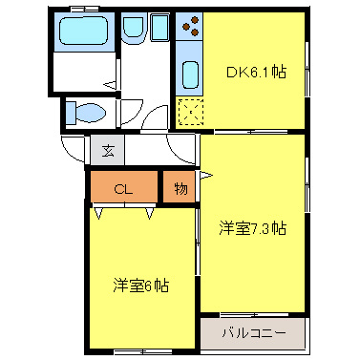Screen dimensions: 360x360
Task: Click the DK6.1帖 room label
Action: [x=254, y=70]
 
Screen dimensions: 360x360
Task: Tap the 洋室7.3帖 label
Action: [x=253, y=228]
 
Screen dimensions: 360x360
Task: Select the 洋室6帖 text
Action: [x=141, y=285]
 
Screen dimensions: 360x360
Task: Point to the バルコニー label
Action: [x=253, y=334]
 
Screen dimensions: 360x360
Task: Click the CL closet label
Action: [x=122, y=188]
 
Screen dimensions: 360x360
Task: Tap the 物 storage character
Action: [x=180, y=188]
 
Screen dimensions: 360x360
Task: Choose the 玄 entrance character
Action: [x=108, y=150]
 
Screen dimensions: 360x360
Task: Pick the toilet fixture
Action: [x=86, y=114]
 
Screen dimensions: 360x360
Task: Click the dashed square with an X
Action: [x=189, y=112]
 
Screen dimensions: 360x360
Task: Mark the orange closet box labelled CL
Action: [x=124, y=188]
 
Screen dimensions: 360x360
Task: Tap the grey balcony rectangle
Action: [x=254, y=334]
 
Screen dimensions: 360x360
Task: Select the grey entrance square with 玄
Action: [x=108, y=150]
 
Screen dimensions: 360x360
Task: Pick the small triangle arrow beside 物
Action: [x=203, y=178]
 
